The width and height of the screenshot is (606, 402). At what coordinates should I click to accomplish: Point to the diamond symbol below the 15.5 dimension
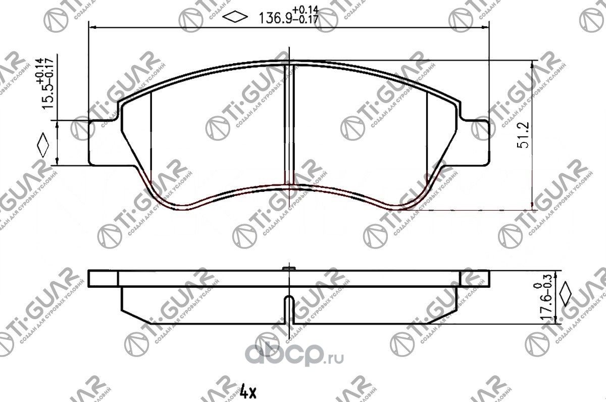click(x=43, y=146)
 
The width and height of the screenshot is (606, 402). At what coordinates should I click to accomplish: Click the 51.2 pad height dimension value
click(x=522, y=135)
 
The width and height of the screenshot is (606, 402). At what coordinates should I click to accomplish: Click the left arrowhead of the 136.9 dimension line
click(x=92, y=27)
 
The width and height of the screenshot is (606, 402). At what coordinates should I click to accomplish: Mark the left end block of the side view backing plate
click(x=103, y=279)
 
